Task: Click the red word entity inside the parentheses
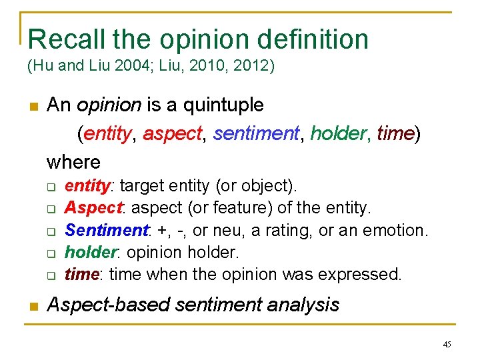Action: (107, 133)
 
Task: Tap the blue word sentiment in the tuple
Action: (255, 133)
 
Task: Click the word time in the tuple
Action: (395, 133)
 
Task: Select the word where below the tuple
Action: (73, 162)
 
